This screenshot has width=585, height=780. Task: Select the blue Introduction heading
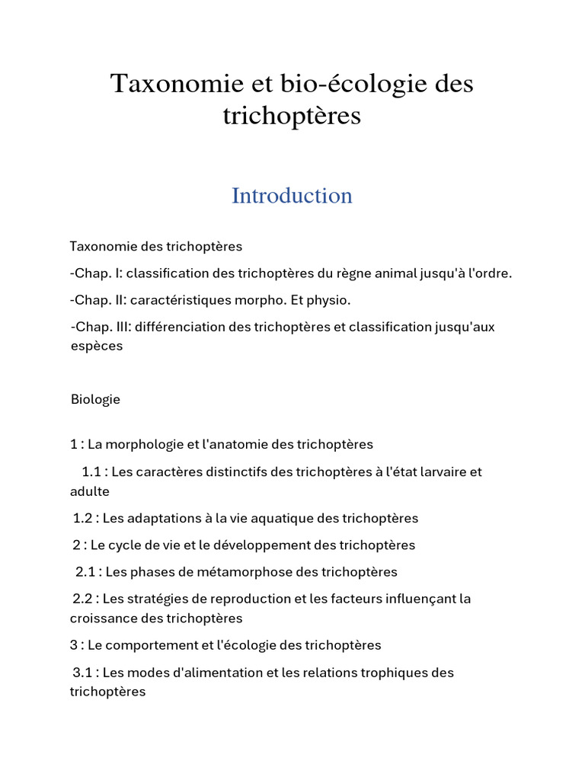point(292,196)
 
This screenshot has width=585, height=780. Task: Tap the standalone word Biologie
point(95,399)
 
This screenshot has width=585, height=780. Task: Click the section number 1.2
point(83,518)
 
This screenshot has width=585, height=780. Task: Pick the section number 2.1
point(85,571)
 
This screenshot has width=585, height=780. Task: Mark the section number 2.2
point(83,599)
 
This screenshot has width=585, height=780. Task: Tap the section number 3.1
point(83,673)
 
